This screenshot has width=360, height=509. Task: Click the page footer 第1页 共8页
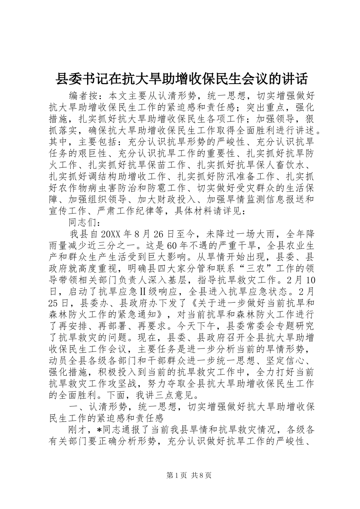(180, 486)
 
